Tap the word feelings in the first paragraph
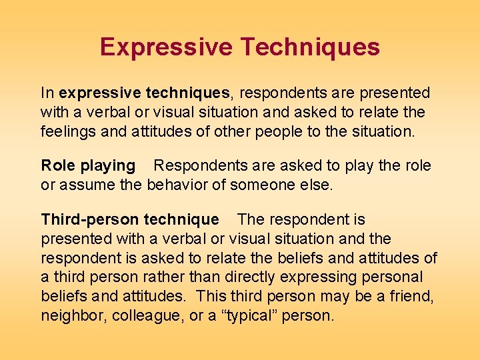pos(67,131)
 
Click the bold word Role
pos(57,165)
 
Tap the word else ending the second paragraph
pos(316,185)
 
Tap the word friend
pos(413,295)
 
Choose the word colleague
pos(146,315)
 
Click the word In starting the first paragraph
pos(47,93)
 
